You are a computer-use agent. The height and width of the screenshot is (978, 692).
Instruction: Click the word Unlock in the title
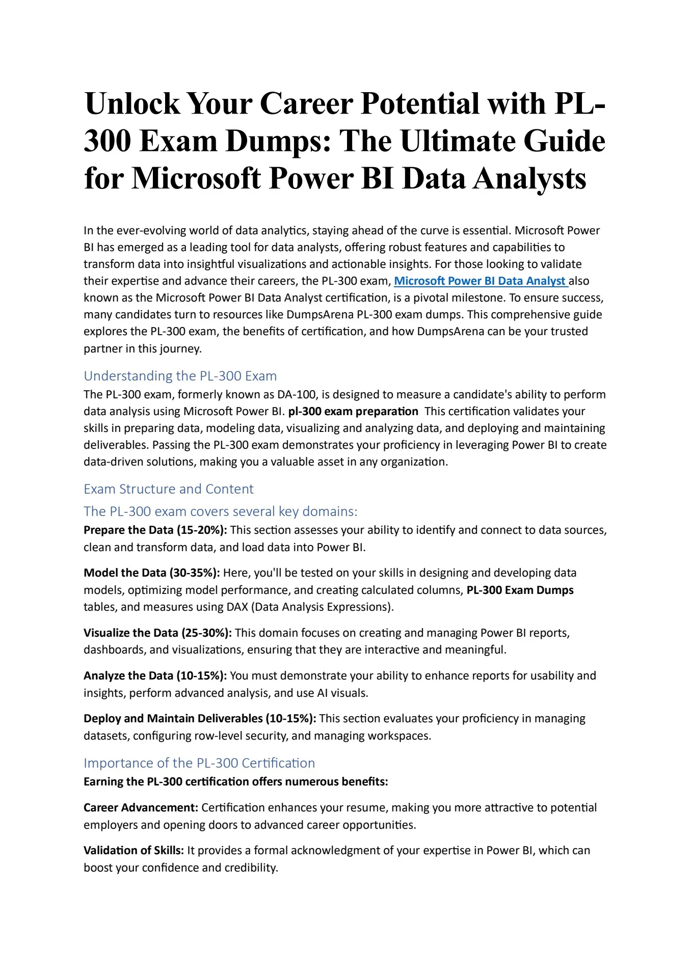(x=132, y=104)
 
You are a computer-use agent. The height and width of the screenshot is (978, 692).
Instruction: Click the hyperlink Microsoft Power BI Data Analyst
(x=481, y=281)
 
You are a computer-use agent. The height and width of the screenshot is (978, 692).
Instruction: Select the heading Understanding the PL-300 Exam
(x=180, y=376)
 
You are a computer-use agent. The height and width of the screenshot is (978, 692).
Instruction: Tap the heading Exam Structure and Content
(x=168, y=489)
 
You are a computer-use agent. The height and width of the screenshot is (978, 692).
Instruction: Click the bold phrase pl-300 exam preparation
(x=353, y=412)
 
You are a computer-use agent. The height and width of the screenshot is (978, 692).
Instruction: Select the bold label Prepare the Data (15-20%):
(x=155, y=530)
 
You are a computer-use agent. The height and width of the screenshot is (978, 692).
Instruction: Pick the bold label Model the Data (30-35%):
(x=151, y=573)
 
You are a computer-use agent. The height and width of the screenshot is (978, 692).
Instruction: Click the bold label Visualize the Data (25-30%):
(x=157, y=633)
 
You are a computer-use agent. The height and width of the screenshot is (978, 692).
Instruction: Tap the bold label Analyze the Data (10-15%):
(x=155, y=676)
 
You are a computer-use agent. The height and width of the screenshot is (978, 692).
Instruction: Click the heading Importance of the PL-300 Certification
(x=199, y=763)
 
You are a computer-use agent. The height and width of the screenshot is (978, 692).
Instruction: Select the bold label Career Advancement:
(x=141, y=808)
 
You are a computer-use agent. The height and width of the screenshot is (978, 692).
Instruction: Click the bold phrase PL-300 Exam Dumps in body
(x=520, y=590)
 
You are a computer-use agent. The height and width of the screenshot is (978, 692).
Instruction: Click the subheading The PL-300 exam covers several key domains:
(x=220, y=511)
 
